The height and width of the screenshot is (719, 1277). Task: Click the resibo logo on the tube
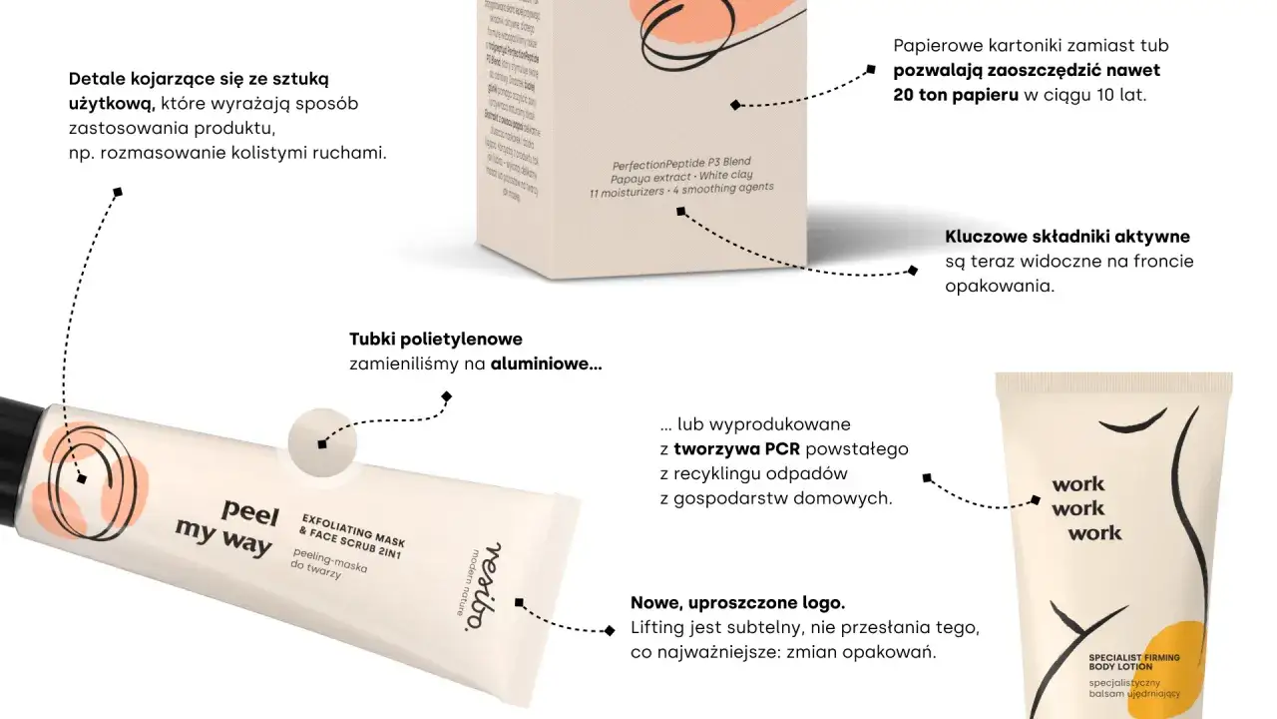[483, 586]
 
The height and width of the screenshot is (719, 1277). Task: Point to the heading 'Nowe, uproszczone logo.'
[737, 603]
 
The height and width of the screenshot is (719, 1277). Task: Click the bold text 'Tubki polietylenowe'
[436, 340]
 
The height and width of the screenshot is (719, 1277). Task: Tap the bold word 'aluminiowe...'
[546, 364]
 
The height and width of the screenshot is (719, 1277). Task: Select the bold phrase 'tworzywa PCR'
[736, 448]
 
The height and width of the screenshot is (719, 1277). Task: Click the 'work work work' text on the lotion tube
[1092, 509]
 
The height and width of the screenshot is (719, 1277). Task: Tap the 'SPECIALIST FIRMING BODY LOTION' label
[1133, 662]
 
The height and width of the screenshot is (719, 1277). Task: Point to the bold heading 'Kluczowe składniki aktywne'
[1067, 237]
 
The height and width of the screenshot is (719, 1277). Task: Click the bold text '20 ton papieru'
[956, 96]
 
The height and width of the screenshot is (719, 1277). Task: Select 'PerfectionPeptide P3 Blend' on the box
[681, 162]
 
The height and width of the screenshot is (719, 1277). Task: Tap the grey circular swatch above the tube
[321, 441]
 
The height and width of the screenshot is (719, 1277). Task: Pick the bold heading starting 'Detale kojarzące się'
[199, 79]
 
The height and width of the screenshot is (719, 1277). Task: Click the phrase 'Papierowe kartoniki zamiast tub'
[1031, 46]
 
